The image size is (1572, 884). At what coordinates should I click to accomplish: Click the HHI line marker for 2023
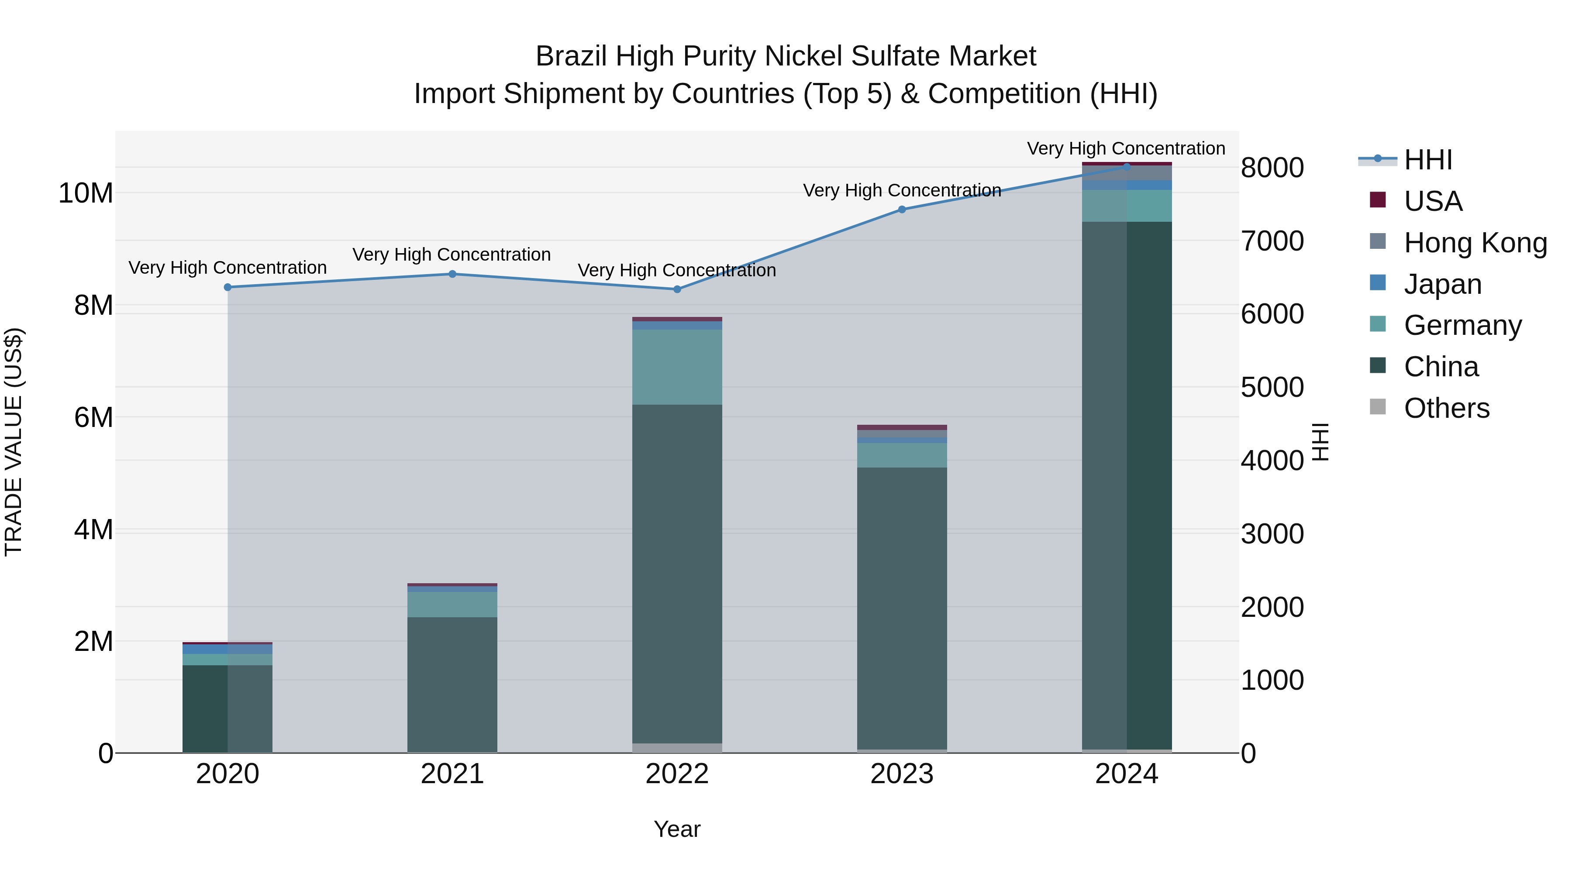click(902, 209)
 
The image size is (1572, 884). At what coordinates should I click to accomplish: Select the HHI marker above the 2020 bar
click(228, 287)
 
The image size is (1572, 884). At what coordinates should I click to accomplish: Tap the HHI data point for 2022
click(677, 289)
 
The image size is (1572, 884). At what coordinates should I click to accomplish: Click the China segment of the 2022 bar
click(677, 574)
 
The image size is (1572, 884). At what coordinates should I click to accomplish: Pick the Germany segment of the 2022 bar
click(677, 367)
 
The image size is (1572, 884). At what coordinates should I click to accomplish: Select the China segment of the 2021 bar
click(452, 683)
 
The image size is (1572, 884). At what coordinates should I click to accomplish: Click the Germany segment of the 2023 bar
click(902, 455)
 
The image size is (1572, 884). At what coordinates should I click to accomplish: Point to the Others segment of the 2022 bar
click(677, 748)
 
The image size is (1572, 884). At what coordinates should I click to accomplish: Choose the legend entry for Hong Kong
click(1475, 242)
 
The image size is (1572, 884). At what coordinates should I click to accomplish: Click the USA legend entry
click(1432, 201)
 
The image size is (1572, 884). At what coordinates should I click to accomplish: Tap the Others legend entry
click(1446, 408)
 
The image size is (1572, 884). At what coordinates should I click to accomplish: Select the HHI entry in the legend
click(1427, 160)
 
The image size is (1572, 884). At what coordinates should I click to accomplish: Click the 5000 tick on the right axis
click(1272, 387)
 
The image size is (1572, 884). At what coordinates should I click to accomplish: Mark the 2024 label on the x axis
click(1127, 774)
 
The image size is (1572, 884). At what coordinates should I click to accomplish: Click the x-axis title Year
click(677, 829)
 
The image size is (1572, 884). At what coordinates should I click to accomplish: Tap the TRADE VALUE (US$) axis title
click(14, 442)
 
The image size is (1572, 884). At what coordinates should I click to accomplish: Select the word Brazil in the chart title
click(571, 56)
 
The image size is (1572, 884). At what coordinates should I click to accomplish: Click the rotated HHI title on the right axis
click(1320, 442)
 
